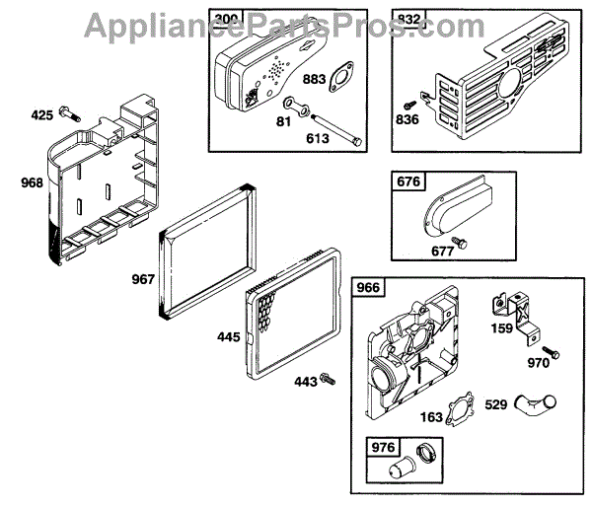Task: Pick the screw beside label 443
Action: point(329,379)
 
